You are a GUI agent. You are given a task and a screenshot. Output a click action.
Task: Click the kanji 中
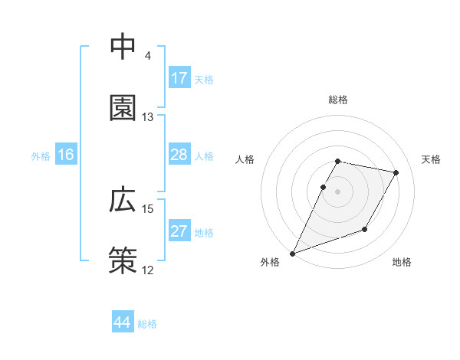pos(123,47)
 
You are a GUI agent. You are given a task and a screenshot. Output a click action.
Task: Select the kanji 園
pos(123,108)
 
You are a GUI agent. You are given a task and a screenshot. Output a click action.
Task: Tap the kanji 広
pos(123,199)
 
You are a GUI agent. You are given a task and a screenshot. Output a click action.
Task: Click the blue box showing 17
pos(179,78)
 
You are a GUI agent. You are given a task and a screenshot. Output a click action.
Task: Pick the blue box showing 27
pos(179,232)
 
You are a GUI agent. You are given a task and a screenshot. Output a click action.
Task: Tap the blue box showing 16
pos(66,155)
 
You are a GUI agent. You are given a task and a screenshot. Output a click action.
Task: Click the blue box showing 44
pos(123,322)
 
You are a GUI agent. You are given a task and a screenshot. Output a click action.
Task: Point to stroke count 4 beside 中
pos(147,56)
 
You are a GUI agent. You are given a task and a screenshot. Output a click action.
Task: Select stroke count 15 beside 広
pos(148,208)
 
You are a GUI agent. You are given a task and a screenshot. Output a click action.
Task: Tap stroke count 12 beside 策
pos(148,270)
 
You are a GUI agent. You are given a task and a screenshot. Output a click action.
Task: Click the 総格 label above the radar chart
pos(338,100)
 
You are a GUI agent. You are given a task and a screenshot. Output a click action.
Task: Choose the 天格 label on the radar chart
pos(432,159)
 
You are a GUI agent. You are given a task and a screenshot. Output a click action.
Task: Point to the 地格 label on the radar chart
pos(402,263)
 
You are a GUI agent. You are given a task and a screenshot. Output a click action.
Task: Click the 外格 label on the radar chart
pos(270,263)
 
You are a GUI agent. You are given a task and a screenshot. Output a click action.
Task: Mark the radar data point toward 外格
pos(292,254)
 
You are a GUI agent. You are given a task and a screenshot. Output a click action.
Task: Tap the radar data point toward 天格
pos(396,173)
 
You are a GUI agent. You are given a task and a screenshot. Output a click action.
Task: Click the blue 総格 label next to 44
pos(147,324)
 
